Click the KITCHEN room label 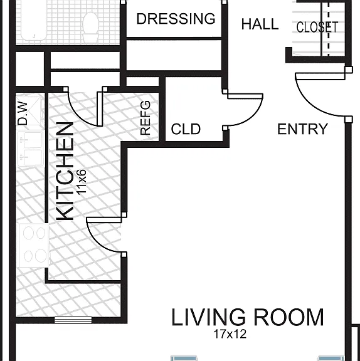[65, 171]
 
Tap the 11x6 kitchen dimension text [82, 182]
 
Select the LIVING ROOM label [248, 318]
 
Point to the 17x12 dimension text [230, 334]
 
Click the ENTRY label [303, 129]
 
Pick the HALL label [260, 24]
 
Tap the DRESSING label [176, 19]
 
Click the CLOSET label [317, 27]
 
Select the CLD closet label [186, 129]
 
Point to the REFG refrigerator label [146, 118]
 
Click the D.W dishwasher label [23, 113]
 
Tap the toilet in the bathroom [91, 27]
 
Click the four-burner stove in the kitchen [34, 245]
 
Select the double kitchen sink [30, 149]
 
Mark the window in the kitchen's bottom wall [73, 320]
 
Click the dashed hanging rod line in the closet [329, 29]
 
